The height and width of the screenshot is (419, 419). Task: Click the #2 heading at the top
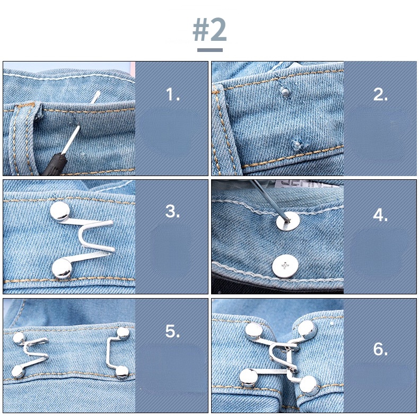point(210,31)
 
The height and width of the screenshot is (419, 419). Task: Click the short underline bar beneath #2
point(210,50)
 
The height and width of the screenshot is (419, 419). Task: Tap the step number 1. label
point(173,95)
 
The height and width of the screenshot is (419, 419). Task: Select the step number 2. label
point(381,95)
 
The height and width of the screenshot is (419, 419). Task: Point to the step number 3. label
point(173,212)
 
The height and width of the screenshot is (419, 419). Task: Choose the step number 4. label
point(381,216)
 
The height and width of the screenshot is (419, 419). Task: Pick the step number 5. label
point(173,331)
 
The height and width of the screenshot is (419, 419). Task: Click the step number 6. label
point(381,350)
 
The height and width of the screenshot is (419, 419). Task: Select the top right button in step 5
point(123,333)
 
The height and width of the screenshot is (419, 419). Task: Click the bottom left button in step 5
point(18,372)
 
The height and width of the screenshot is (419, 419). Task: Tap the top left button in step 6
point(252,331)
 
